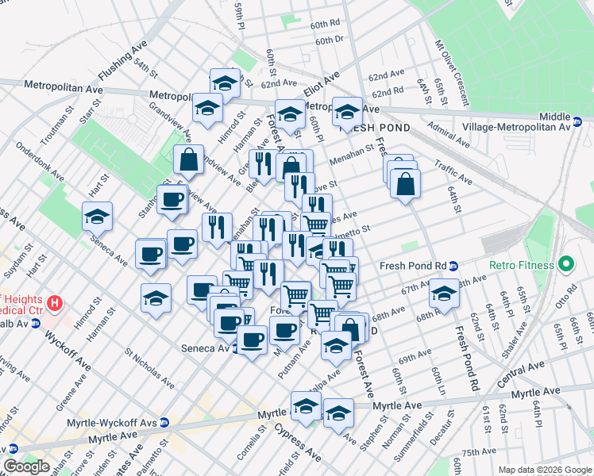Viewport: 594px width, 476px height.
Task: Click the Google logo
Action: point(26,467)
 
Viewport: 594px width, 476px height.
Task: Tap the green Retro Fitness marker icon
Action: point(566,263)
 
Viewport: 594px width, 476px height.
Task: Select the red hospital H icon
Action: point(54,302)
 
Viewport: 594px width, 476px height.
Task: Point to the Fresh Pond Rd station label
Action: point(412,265)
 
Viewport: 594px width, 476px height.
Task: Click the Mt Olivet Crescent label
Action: point(451,75)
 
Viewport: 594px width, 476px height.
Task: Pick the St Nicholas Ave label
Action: point(150,366)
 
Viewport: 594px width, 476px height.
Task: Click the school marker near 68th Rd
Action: point(444,293)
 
